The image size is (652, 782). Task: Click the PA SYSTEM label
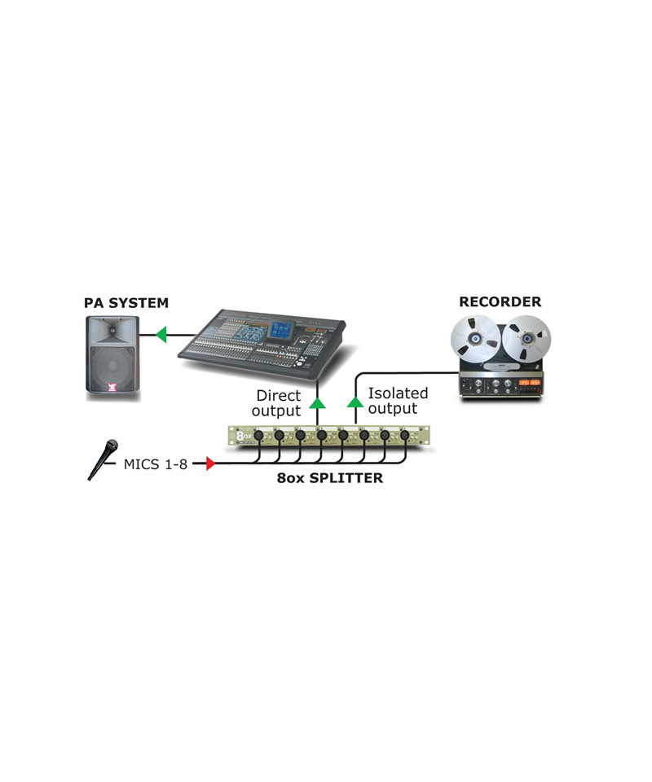(x=126, y=303)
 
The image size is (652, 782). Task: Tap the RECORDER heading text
(x=500, y=301)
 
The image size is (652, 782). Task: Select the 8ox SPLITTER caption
(x=329, y=478)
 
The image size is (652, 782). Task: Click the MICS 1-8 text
(x=156, y=464)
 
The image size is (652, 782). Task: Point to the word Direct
(x=278, y=396)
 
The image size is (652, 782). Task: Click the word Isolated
(x=398, y=393)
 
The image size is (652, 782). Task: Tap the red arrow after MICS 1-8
(x=209, y=464)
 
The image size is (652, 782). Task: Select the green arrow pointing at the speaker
(x=161, y=333)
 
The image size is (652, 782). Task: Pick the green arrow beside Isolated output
(x=355, y=400)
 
